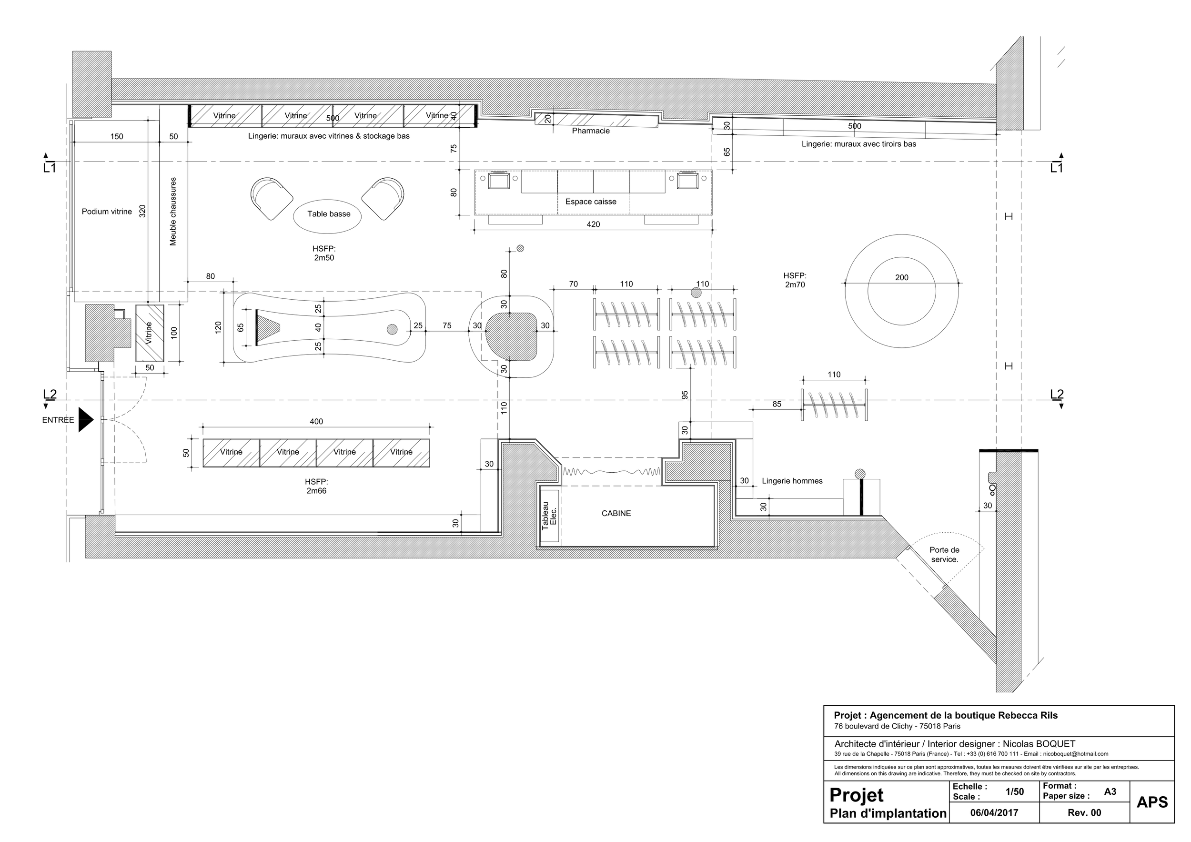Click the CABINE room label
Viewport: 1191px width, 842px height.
616,513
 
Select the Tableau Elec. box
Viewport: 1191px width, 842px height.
549,516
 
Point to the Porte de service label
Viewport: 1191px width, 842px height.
944,555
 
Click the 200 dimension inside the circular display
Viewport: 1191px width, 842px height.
901,277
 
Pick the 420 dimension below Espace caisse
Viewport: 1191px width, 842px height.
593,224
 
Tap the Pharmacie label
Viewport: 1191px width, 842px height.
590,131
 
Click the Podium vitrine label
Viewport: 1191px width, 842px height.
107,212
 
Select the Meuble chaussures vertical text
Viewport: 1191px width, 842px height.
173,211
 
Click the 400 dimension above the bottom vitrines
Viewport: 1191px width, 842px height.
316,422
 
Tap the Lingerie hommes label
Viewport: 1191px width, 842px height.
792,481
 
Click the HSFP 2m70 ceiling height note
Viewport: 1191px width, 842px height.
795,280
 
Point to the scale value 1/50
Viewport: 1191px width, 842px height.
1014,791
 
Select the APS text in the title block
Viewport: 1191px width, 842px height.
1151,802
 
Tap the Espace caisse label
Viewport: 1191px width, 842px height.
590,202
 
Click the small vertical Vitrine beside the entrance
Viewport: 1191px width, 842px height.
150,333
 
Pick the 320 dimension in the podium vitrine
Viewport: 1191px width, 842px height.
142,211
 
